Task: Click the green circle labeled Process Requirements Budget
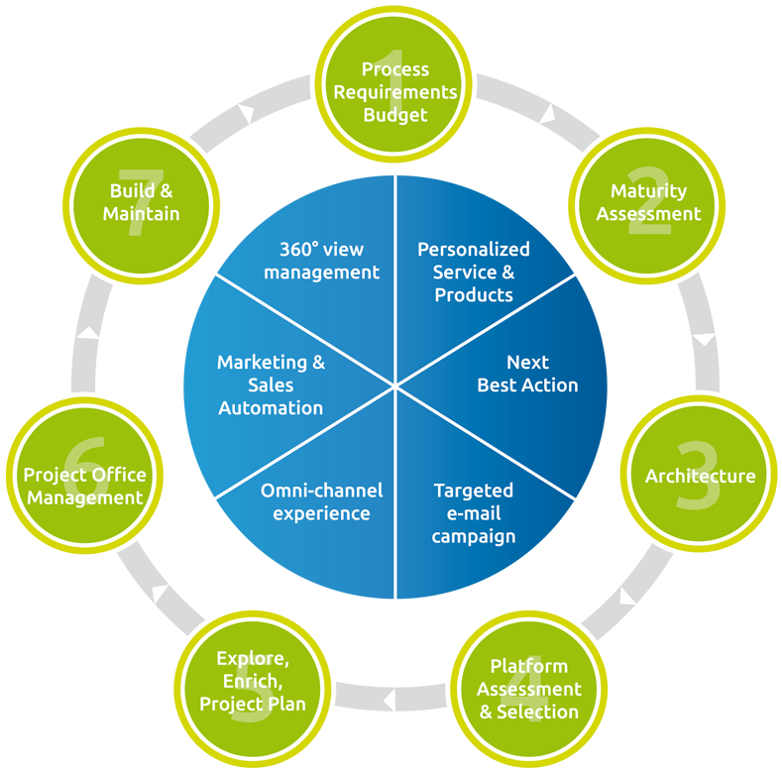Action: [x=395, y=91]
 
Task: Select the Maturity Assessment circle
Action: [x=648, y=202]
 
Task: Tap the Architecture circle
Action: [x=700, y=476]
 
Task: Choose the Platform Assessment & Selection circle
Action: [x=529, y=688]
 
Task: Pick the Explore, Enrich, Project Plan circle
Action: [x=252, y=681]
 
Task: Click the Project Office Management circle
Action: [x=84, y=486]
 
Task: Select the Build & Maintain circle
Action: [x=145, y=201]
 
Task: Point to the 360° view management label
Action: [x=321, y=261]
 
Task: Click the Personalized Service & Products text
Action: [x=474, y=272]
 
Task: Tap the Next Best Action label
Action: [x=527, y=374]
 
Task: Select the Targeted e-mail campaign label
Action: [x=474, y=513]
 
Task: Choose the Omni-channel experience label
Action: [x=321, y=501]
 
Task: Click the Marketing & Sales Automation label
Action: [x=271, y=385]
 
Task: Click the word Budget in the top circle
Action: [x=395, y=115]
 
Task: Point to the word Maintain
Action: [x=145, y=214]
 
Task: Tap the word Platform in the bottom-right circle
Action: [x=529, y=666]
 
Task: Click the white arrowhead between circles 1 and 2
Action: [x=547, y=116]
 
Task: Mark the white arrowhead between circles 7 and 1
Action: [x=247, y=113]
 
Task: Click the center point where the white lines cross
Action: [x=395, y=385]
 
